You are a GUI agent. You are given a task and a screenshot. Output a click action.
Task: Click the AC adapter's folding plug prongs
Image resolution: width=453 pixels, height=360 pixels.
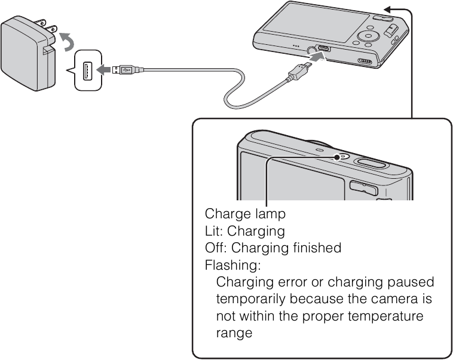coord(49,27)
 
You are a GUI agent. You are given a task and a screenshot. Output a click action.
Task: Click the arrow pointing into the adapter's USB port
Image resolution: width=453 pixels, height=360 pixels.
coord(104,71)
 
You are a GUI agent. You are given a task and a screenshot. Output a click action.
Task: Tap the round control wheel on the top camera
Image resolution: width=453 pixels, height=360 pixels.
coord(366,37)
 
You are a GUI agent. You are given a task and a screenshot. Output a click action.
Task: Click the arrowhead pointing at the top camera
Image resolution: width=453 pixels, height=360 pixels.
coord(389,9)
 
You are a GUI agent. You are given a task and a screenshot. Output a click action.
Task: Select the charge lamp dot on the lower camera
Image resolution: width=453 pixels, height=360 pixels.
coord(338,157)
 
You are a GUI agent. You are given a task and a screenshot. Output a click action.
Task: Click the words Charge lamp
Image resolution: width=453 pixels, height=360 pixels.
coord(245,213)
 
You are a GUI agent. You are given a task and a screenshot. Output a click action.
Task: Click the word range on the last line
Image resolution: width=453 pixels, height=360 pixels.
coord(234,332)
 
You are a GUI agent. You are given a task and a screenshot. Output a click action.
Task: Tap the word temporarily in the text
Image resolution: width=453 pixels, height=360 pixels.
coord(252,298)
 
